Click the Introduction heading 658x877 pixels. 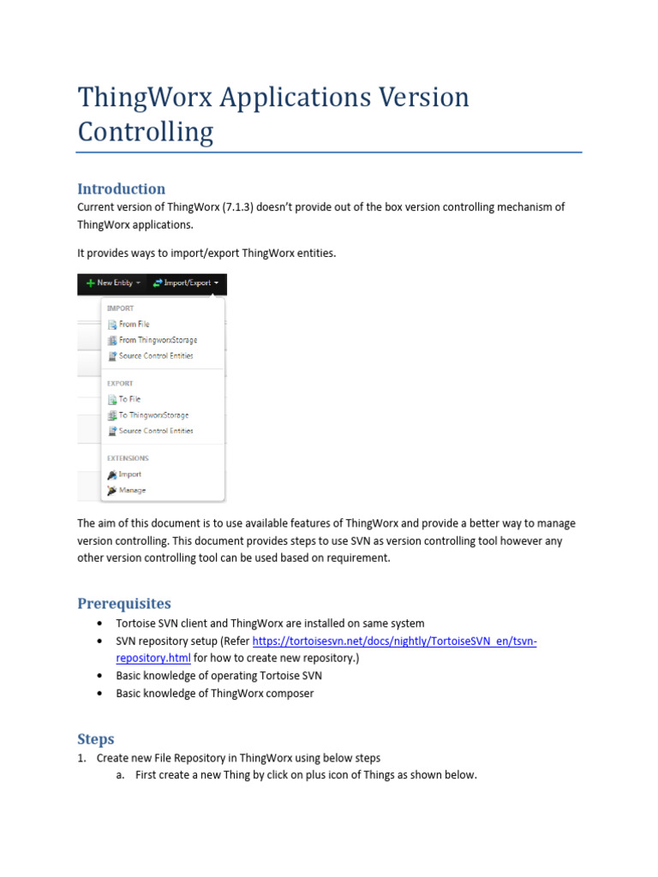[x=121, y=188]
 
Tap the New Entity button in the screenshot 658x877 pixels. [x=113, y=283]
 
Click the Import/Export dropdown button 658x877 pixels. [x=184, y=283]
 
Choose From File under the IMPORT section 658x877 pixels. [x=133, y=325]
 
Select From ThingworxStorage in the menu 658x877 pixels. [x=157, y=340]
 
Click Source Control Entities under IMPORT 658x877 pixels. [x=155, y=355]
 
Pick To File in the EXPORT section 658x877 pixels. [x=129, y=399]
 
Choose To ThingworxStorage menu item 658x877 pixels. [x=153, y=415]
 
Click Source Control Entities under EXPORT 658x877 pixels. [x=155, y=431]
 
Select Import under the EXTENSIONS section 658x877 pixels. [x=129, y=474]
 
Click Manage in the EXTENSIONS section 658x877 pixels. [x=131, y=491]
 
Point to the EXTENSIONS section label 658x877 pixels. [x=127, y=458]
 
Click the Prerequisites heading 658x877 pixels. [x=124, y=603]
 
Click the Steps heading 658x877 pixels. [x=95, y=738]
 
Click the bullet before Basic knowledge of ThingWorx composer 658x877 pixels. [x=100, y=694]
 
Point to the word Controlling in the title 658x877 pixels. [x=145, y=133]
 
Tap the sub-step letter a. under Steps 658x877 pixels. [x=121, y=775]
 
